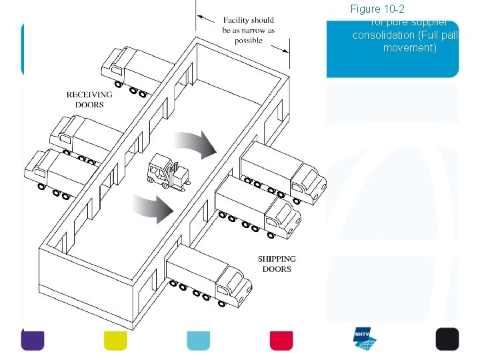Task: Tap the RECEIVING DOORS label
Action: click(x=89, y=99)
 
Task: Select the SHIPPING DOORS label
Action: click(x=277, y=264)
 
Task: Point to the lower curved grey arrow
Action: click(x=153, y=209)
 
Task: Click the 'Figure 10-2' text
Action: click(x=377, y=9)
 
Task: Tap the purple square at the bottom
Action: click(x=33, y=339)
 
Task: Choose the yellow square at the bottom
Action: click(x=115, y=339)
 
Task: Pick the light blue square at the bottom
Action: click(x=198, y=339)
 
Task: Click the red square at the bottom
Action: click(x=281, y=339)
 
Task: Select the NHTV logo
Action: click(x=365, y=339)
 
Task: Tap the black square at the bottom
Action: click(x=447, y=339)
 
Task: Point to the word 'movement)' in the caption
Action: click(x=409, y=48)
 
